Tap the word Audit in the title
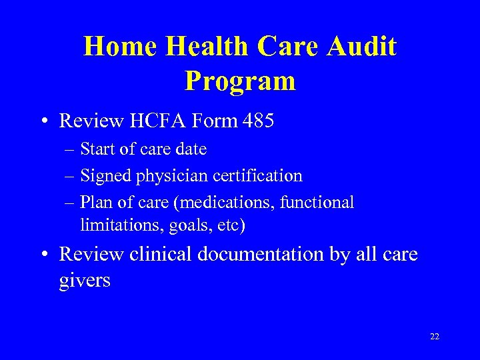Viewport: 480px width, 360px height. tap(363, 47)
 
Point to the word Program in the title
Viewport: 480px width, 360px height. tap(240, 81)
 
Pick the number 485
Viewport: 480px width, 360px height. tap(257, 121)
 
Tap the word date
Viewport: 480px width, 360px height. tap(191, 149)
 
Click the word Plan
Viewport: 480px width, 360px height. tap(93, 201)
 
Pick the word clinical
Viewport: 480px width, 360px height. tap(160, 254)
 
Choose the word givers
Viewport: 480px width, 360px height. tap(85, 281)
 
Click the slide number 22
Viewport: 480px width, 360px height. tap(435, 337)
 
